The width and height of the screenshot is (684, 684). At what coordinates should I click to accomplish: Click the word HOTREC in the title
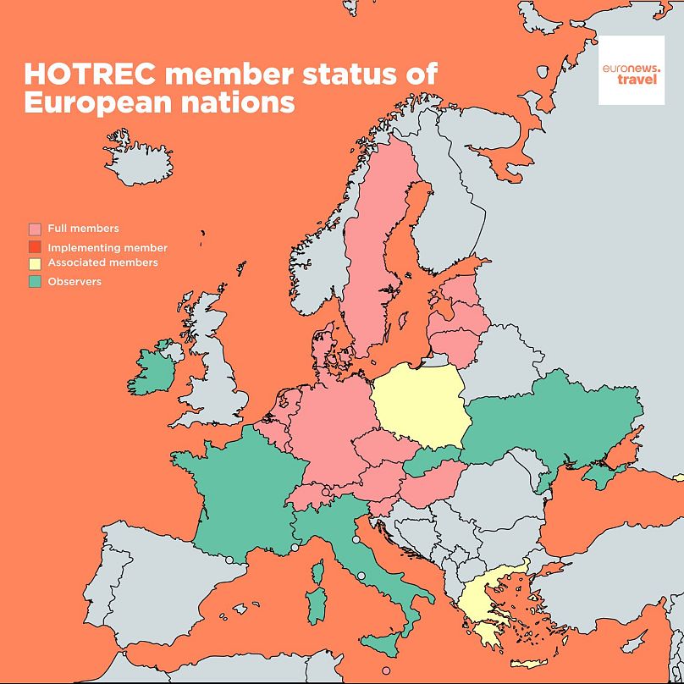coord(90,74)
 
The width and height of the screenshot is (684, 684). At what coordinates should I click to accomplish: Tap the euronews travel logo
coord(631,70)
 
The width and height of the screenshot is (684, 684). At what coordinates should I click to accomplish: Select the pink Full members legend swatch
coord(35,229)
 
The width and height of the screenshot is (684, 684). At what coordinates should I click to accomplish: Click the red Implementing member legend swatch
coord(35,247)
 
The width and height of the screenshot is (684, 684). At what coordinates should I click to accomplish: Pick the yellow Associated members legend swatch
coord(35,263)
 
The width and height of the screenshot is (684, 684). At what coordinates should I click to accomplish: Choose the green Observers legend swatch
coord(35,281)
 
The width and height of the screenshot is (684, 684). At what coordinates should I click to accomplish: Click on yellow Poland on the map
coord(419,406)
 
